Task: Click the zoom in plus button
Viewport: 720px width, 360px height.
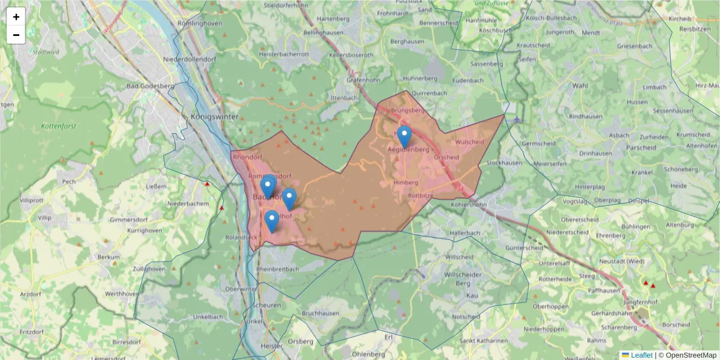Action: [16, 17]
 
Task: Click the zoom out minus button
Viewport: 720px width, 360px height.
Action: [16, 35]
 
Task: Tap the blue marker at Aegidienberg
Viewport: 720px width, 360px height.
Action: [404, 136]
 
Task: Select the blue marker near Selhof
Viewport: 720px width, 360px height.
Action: [272, 221]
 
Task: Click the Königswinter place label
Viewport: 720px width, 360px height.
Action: [214, 116]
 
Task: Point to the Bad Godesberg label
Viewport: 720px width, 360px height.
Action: [150, 86]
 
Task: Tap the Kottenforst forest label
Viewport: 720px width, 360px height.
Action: [59, 127]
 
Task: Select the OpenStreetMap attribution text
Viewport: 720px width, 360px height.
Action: [687, 355]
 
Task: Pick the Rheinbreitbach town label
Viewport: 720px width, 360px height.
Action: [277, 269]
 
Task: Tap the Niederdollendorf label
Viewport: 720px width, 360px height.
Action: [190, 60]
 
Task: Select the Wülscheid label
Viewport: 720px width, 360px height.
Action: [469, 142]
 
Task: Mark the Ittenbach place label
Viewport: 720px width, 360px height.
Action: [344, 97]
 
